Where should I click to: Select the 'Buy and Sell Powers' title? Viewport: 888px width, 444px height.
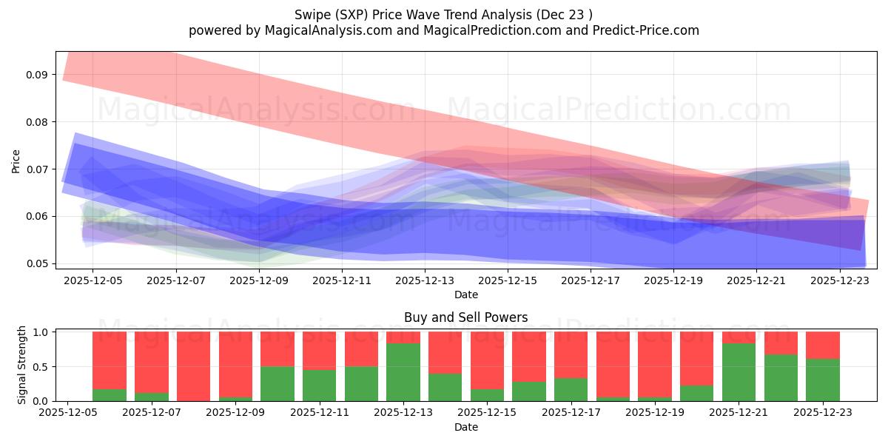(465, 317)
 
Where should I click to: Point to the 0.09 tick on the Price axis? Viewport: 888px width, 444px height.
(37, 75)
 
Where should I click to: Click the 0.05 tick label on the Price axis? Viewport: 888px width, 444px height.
(37, 263)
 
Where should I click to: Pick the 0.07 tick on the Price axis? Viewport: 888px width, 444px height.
(37, 169)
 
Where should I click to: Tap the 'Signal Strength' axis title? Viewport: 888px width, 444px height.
(22, 365)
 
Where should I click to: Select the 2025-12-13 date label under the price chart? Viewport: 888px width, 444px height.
(425, 280)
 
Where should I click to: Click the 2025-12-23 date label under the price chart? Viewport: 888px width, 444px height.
(840, 280)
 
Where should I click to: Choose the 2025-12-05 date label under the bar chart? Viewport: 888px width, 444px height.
(68, 414)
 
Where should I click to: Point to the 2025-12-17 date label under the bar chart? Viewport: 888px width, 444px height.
(571, 414)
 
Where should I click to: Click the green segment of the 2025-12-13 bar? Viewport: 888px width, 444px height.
(403, 372)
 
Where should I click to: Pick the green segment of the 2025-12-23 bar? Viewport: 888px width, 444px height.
(823, 380)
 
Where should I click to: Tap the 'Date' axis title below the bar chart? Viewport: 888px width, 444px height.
(465, 427)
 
